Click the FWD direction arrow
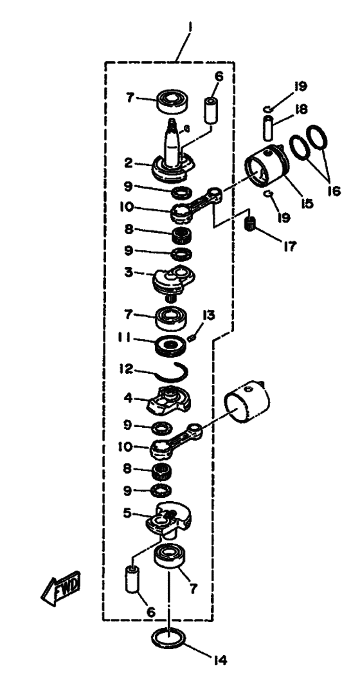(60, 588)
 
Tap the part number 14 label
(220, 660)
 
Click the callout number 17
(290, 246)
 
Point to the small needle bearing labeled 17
(251, 223)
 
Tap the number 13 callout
(208, 315)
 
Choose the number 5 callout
(127, 513)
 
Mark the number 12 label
(127, 369)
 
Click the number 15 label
(307, 203)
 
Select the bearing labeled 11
(171, 345)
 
